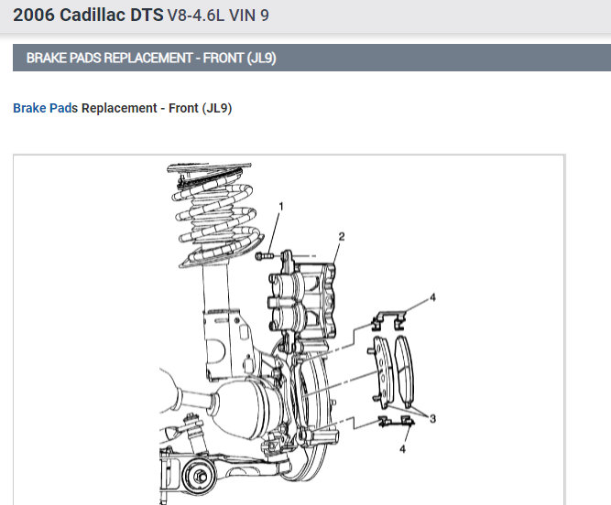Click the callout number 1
tap(281, 206)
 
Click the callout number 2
tap(342, 237)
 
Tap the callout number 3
tap(432, 419)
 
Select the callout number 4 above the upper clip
tap(432, 297)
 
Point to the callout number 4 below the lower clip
tap(402, 449)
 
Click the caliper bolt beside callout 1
tap(265, 256)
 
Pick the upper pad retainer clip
tap(388, 320)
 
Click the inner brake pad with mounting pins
tap(381, 372)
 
